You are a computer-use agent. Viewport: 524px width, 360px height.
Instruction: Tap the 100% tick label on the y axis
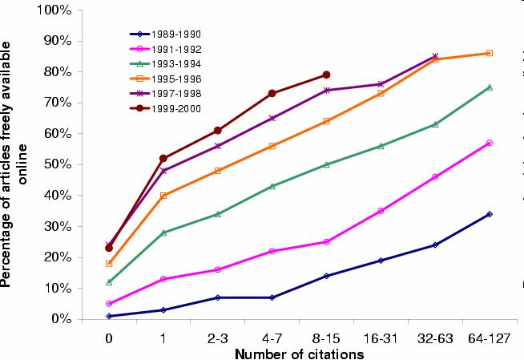coord(55,10)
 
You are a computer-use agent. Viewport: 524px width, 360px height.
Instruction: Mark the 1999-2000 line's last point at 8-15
coord(326,75)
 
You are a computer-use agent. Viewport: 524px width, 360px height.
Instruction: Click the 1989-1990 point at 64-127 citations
coord(489,214)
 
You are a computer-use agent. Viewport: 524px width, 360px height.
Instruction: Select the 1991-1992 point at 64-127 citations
coord(489,143)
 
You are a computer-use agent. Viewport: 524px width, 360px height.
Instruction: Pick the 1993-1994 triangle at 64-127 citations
coord(489,87)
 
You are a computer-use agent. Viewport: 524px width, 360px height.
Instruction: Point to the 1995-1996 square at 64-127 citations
coord(489,54)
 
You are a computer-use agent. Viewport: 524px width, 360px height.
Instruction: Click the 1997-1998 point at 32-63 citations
coord(435,56)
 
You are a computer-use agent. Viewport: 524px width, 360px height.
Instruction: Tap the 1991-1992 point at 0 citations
coord(109,304)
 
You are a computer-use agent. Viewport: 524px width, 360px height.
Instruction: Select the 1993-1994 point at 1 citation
coord(163,233)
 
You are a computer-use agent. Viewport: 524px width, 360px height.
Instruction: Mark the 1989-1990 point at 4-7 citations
coord(272,297)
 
